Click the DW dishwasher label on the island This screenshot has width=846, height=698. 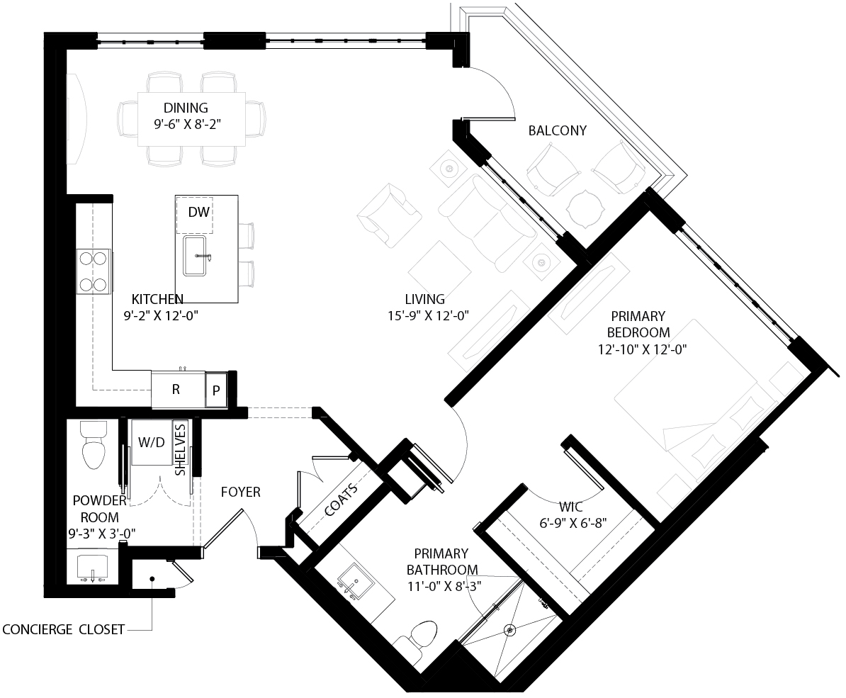pyautogui.click(x=198, y=212)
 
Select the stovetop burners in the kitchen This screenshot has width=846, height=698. pyautogui.click(x=94, y=271)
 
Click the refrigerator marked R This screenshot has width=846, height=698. pyautogui.click(x=176, y=390)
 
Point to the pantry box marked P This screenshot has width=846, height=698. pyautogui.click(x=216, y=390)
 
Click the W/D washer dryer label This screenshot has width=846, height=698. pyautogui.click(x=152, y=442)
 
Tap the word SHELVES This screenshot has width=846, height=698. pyautogui.click(x=180, y=450)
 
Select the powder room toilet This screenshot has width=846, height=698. pyautogui.click(x=94, y=445)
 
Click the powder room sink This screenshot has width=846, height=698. pyautogui.click(x=93, y=568)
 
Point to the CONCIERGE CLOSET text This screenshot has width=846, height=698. pyautogui.click(x=64, y=629)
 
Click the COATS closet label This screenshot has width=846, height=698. pyautogui.click(x=342, y=500)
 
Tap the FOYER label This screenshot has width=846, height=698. pyautogui.click(x=241, y=492)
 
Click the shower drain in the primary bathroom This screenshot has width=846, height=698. pyautogui.click(x=509, y=629)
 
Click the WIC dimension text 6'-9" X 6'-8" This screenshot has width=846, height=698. pyautogui.click(x=573, y=523)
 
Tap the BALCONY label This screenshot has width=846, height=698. pyautogui.click(x=558, y=130)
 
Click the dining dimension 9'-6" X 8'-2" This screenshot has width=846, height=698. pyautogui.click(x=187, y=125)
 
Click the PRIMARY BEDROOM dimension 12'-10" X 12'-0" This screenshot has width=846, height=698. pyautogui.click(x=642, y=349)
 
